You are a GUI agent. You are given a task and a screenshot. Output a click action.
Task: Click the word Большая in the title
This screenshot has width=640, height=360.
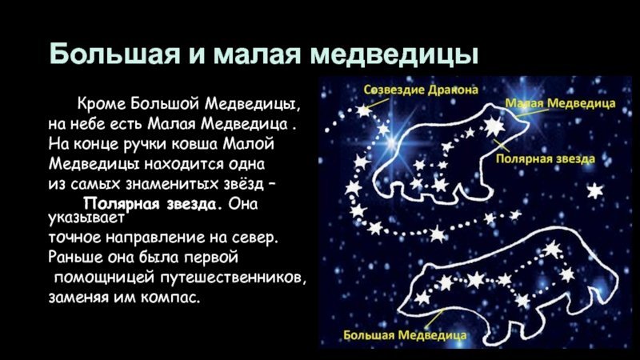click(x=114, y=53)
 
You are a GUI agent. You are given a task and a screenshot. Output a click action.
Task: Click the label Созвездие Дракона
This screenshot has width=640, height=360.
click(x=421, y=90)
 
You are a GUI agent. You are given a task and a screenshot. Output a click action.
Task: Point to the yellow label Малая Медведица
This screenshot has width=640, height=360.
click(x=561, y=103)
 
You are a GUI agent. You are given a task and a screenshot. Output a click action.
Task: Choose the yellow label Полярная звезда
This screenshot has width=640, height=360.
click(x=546, y=158)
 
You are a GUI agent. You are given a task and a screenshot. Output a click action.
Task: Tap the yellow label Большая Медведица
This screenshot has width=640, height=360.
click(x=405, y=335)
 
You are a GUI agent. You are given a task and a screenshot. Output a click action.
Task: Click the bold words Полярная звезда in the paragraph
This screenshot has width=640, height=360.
click(x=150, y=203)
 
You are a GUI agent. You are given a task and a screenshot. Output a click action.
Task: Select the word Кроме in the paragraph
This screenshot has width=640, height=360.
click(x=102, y=104)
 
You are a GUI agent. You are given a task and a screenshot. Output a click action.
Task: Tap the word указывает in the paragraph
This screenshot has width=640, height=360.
click(x=86, y=218)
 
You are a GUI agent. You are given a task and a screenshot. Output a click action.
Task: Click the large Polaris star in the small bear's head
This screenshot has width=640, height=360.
click(x=493, y=126)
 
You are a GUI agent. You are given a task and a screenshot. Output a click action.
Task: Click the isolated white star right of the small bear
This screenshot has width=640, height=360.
click(x=594, y=190)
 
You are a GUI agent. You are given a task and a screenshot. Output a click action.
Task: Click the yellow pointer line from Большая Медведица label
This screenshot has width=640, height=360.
click(x=434, y=318)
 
